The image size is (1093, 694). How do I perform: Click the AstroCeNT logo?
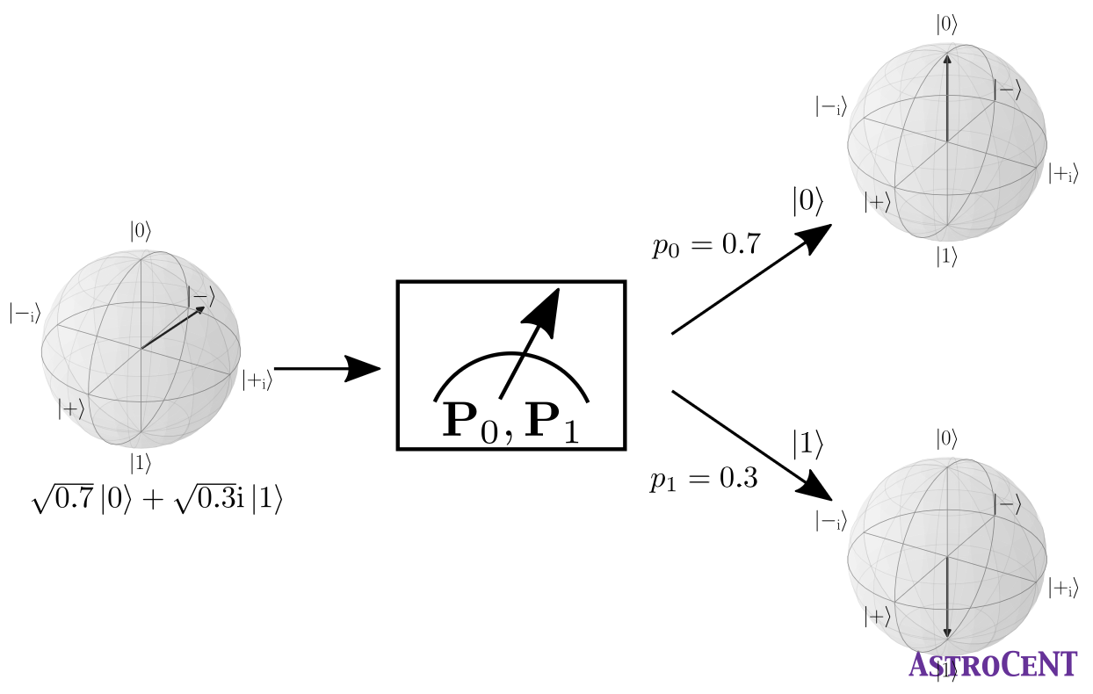(993, 664)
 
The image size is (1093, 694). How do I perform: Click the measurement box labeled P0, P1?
(511, 365)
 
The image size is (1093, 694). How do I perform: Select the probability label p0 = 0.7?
(706, 246)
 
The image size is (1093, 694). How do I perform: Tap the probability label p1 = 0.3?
(704, 480)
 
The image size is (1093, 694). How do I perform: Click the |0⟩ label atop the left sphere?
(141, 232)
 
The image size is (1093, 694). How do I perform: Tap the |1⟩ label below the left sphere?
(141, 462)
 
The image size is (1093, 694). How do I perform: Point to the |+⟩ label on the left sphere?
(71, 408)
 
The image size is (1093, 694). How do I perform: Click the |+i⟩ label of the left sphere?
(257, 380)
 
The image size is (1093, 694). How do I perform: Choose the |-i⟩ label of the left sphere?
(24, 313)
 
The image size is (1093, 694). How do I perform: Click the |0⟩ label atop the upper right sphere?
(946, 25)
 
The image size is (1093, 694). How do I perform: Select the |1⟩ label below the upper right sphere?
(946, 257)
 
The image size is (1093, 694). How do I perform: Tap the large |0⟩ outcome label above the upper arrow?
(807, 202)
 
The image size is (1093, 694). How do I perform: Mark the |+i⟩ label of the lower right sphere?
(1062, 589)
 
